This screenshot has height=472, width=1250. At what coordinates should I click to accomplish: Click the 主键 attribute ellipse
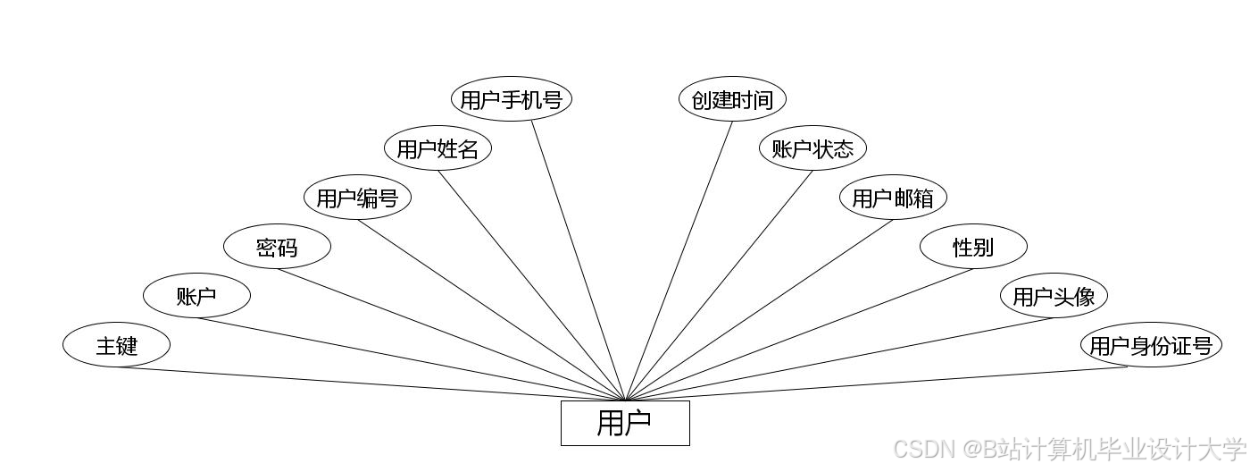tap(116, 345)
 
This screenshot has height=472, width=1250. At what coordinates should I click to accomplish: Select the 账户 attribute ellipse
tap(196, 296)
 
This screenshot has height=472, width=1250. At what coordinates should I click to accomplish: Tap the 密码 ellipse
tap(277, 247)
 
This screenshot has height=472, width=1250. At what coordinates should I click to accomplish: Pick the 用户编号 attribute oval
tap(357, 198)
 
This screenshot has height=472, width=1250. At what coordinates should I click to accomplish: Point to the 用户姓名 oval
tap(437, 148)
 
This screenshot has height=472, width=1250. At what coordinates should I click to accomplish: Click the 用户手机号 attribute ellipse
tap(511, 99)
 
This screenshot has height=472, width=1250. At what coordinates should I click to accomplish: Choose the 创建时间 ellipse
tap(732, 99)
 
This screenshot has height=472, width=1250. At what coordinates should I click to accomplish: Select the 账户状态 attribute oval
tap(812, 148)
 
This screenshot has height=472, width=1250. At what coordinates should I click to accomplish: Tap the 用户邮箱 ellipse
tap(893, 198)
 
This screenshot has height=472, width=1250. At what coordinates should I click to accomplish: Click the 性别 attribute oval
tap(973, 247)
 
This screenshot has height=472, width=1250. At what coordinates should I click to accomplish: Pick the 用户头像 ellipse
tap(1054, 296)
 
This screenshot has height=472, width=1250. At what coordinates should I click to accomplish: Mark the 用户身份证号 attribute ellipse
tap(1150, 345)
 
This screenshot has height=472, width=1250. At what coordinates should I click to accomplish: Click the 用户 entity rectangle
tap(625, 423)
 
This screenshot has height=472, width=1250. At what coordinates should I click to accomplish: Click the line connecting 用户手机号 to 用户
tap(579, 259)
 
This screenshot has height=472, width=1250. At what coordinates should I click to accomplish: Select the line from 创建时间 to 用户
tap(679, 259)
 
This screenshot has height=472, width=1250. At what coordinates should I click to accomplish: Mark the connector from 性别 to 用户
tap(799, 334)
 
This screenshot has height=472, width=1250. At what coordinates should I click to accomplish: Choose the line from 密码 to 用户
tap(451, 334)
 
